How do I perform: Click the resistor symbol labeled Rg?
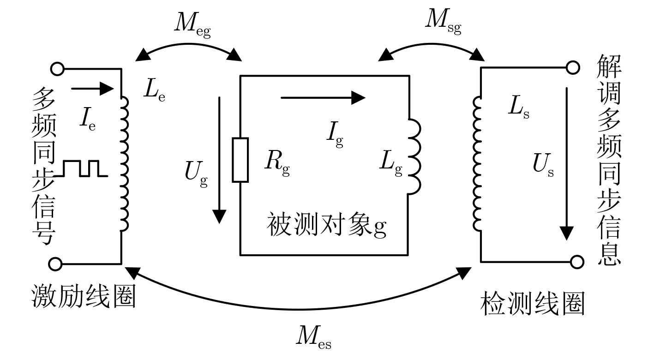tap(240, 159)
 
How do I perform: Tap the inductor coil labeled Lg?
tap(414, 156)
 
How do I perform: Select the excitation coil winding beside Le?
tap(124, 163)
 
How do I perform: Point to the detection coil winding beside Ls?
tap(478, 163)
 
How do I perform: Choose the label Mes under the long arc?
tap(313, 339)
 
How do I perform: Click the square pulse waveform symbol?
tap(81, 168)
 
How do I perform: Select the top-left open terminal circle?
tap(57, 69)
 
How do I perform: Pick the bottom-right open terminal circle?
tap(577, 262)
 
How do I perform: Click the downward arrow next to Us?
tap(567, 162)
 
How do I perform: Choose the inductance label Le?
tap(154, 91)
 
